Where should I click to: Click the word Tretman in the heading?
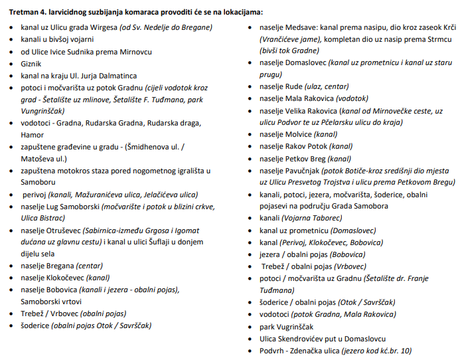tap(24, 11)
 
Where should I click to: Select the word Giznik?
tap(32, 63)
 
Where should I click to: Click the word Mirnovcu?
tap(133, 51)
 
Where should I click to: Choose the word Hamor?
tap(33, 135)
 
